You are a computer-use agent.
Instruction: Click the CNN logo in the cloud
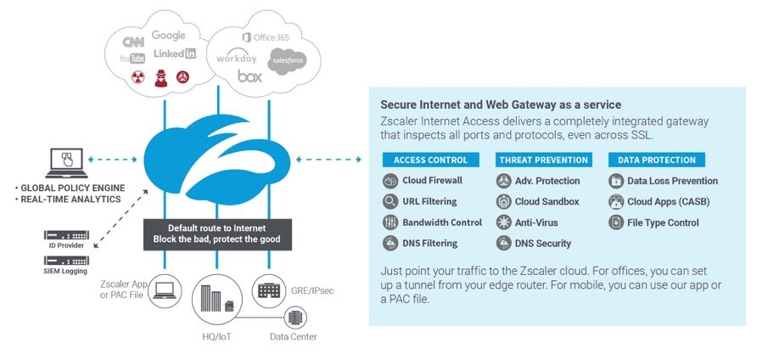point(133,42)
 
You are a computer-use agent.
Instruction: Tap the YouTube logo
point(132,59)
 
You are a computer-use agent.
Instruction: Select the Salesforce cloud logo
point(286,60)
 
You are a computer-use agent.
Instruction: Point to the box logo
point(249,77)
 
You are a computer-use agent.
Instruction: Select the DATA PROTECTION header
point(652,160)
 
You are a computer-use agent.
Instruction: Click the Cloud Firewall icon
point(390,181)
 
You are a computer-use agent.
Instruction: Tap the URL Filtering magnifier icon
point(390,202)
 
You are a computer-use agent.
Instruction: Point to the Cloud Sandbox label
point(547,202)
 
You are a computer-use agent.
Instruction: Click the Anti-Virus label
point(536,222)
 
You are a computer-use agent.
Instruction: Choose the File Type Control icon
point(616,222)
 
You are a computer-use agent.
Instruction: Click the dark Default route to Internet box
point(218,233)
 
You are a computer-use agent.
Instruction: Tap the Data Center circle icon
point(295,318)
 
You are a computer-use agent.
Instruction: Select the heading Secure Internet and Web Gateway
point(501,104)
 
